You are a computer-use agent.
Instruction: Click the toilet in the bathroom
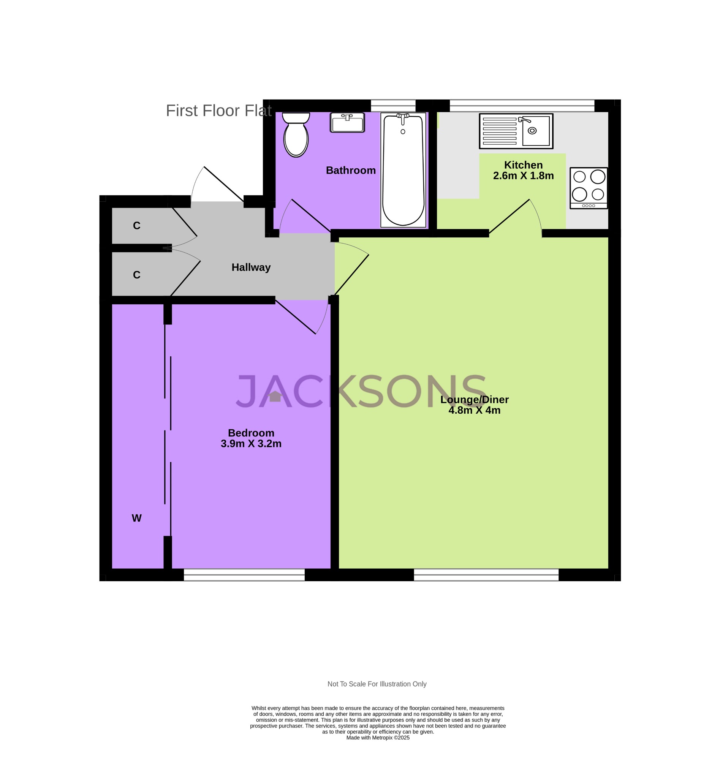pyautogui.click(x=296, y=136)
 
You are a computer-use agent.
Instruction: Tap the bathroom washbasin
pyautogui.click(x=347, y=123)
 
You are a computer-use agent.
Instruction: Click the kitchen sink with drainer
pyautogui.click(x=516, y=131)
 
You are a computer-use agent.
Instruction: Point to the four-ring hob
pyautogui.click(x=588, y=188)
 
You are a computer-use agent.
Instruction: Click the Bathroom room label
pyautogui.click(x=351, y=170)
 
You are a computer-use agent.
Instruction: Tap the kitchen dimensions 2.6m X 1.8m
pyautogui.click(x=523, y=176)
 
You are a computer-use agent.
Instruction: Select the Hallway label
pyautogui.click(x=251, y=267)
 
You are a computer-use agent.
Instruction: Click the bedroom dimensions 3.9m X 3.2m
pyautogui.click(x=251, y=443)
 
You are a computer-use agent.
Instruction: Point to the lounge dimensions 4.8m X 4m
pyautogui.click(x=474, y=410)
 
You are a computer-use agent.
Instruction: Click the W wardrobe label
pyautogui.click(x=136, y=518)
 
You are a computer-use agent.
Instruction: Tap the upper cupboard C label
pyautogui.click(x=136, y=226)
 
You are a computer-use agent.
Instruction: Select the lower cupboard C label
pyautogui.click(x=136, y=275)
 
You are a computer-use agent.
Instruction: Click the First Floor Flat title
pyautogui.click(x=218, y=111)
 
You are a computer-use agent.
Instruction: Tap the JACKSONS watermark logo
pyautogui.click(x=361, y=391)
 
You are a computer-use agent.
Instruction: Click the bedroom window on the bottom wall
pyautogui.click(x=244, y=575)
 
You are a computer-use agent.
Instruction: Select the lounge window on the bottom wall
pyautogui.click(x=486, y=575)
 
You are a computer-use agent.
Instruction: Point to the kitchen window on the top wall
pyautogui.click(x=522, y=106)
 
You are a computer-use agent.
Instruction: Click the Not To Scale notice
pyautogui.click(x=377, y=684)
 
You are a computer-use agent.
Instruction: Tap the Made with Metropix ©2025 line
pyautogui.click(x=378, y=737)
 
